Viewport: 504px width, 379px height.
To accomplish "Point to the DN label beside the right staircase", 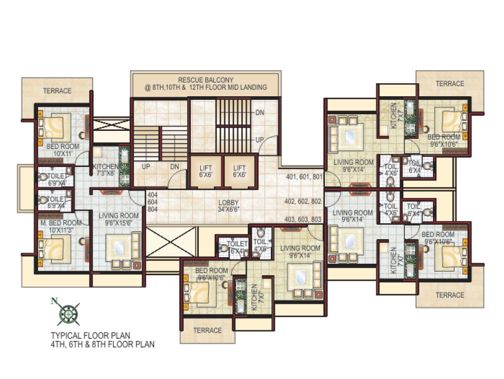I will point(260,113).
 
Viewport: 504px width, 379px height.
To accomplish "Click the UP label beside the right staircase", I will point(260,139).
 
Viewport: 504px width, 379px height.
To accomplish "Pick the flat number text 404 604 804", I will point(152,202).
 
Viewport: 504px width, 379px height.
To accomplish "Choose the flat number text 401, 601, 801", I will point(304,177).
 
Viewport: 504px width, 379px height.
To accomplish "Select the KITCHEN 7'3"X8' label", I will point(106,170).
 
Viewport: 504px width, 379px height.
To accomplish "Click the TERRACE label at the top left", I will point(57,91).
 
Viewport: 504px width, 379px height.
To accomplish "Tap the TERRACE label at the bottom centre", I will point(207,330).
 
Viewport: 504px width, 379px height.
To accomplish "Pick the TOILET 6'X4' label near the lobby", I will point(237,247).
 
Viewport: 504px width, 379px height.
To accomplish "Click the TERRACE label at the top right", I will point(449,84).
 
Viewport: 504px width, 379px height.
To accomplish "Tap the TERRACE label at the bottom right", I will point(449,295).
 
